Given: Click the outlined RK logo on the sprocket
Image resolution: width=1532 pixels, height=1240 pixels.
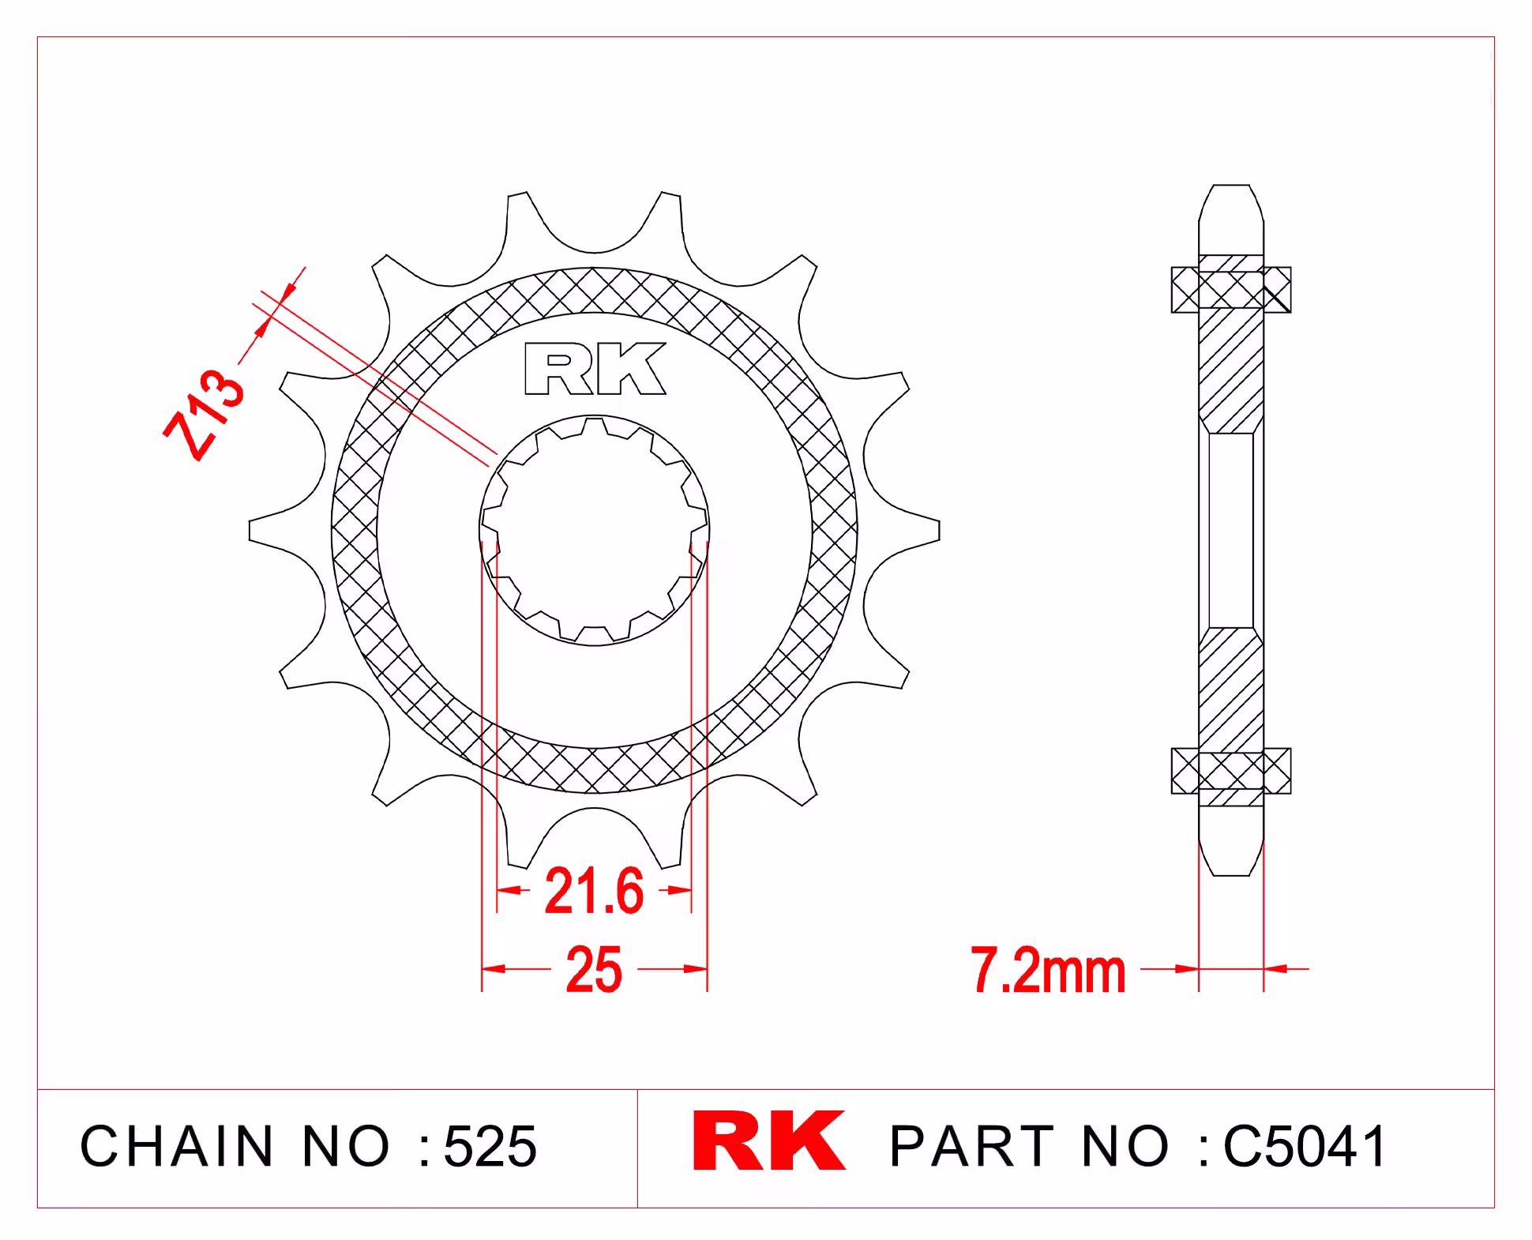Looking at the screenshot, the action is tap(595, 368).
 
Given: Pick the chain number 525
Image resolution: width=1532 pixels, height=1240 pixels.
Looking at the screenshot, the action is tap(490, 1146).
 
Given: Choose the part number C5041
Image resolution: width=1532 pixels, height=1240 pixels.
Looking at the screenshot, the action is tap(1305, 1146).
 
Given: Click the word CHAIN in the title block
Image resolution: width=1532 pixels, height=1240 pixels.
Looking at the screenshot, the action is tap(176, 1146).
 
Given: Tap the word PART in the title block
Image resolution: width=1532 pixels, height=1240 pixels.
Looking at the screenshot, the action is tap(972, 1146).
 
